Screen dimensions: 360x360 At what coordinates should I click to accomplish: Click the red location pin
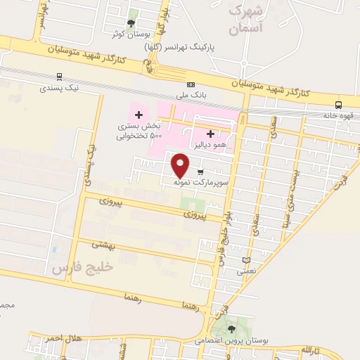coord(181,165)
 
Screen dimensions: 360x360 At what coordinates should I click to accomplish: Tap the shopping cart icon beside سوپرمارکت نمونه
coord(200,172)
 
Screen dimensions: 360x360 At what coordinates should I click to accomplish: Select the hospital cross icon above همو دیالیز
coord(210,133)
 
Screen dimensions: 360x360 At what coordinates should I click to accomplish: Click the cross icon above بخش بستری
coord(139,115)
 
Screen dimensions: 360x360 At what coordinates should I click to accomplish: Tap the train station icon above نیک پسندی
coord(58,77)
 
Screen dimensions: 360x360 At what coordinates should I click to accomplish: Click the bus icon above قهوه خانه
coord(339,105)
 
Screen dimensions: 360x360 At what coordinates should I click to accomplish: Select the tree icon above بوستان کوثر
coord(131,23)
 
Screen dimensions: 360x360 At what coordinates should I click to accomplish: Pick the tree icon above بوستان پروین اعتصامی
coord(231,328)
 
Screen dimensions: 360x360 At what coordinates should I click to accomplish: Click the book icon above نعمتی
coord(245,259)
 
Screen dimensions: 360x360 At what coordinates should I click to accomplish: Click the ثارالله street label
coord(310,349)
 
